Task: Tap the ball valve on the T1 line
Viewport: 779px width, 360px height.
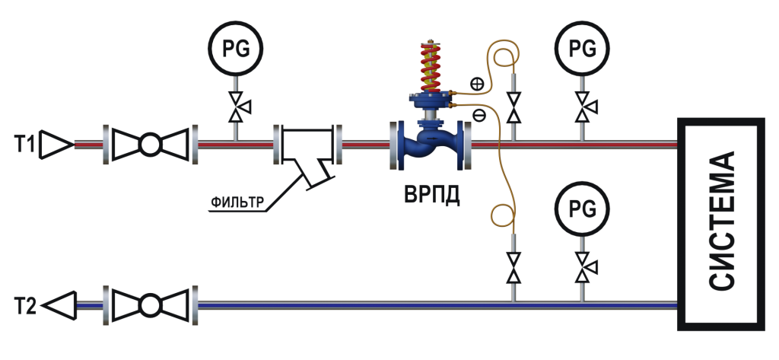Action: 148,142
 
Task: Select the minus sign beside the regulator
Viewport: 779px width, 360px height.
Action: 478,115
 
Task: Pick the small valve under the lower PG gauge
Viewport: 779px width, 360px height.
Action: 583,267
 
